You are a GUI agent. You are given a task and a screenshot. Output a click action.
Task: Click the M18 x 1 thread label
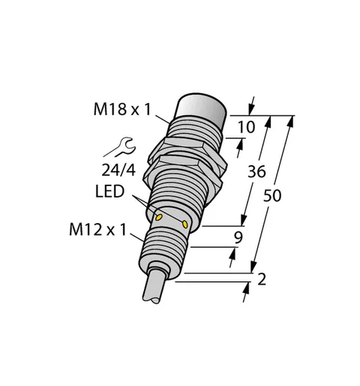[122, 110]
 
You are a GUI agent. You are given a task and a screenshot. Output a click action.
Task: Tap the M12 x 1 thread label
[98, 230]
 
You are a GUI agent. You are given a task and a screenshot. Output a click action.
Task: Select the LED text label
[109, 191]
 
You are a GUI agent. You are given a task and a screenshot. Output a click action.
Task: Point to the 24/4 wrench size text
[118, 170]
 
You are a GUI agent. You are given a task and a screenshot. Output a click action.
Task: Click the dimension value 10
[247, 127]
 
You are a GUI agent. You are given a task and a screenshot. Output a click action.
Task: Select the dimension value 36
[256, 172]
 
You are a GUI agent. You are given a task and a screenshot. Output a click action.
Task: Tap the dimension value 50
[272, 195]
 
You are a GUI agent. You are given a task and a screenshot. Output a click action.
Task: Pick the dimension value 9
[238, 237]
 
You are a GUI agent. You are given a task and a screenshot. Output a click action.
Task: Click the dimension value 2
[262, 279]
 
